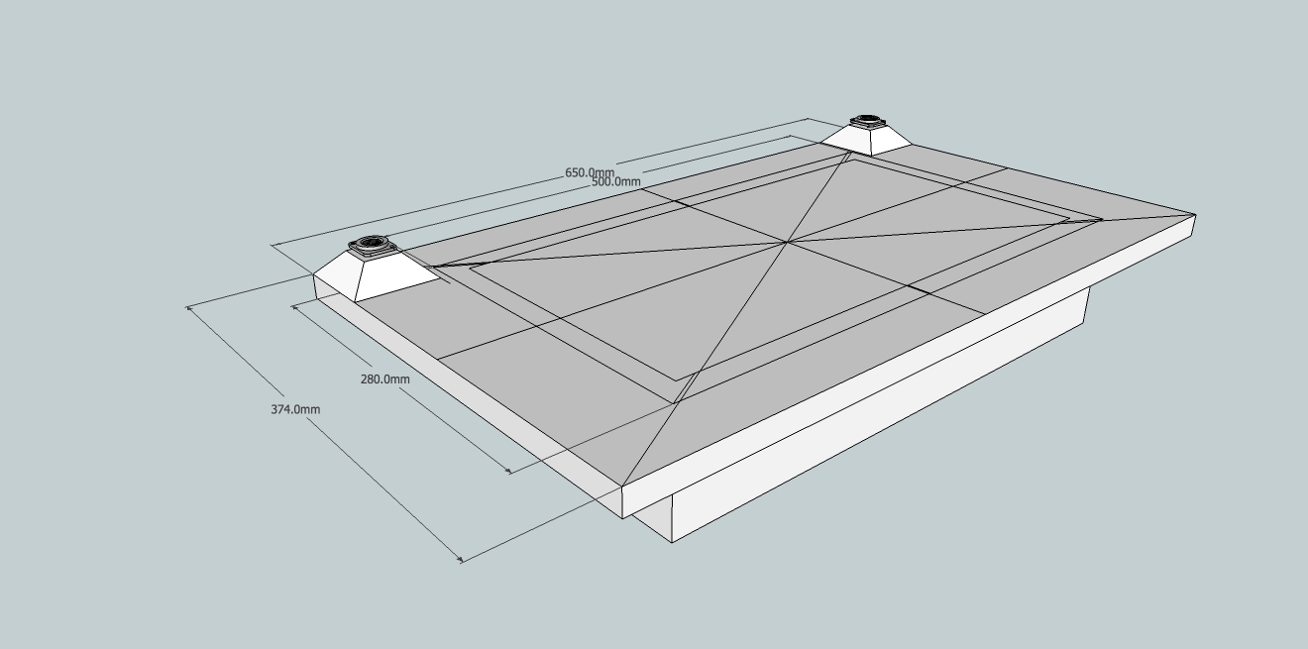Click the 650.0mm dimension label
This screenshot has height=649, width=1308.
pyautogui.click(x=590, y=172)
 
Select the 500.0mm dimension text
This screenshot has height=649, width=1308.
pyautogui.click(x=615, y=181)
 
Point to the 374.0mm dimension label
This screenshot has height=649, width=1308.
pyautogui.click(x=295, y=409)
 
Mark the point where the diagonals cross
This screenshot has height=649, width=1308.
pyautogui.click(x=788, y=241)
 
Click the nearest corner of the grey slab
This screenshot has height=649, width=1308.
pyautogui.click(x=623, y=487)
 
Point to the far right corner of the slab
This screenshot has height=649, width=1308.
pyautogui.click(x=1194, y=214)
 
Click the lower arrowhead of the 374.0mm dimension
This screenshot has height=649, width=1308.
pyautogui.click(x=460, y=560)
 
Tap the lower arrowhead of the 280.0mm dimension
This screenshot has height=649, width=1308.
pyautogui.click(x=509, y=472)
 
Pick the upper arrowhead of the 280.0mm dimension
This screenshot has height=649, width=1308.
pyautogui.click(x=294, y=306)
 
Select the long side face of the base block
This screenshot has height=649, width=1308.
pyautogui.click(x=882, y=416)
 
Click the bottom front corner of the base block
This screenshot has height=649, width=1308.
pyautogui.click(x=673, y=542)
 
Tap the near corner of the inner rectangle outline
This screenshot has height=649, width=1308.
pyautogui.click(x=678, y=380)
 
